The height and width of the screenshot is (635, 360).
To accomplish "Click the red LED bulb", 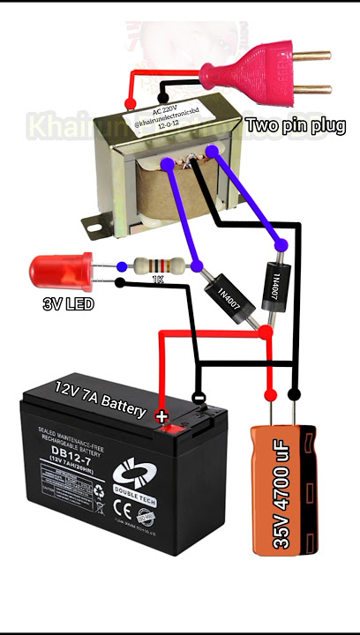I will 55,270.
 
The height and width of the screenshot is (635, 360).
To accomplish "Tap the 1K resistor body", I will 159,265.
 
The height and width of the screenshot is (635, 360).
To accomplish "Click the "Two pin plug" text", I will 296,126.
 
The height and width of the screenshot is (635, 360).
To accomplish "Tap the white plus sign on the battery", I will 161,415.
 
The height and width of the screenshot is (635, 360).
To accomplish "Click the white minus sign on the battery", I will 199,398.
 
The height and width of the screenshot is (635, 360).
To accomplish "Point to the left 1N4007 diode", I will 230,301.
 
